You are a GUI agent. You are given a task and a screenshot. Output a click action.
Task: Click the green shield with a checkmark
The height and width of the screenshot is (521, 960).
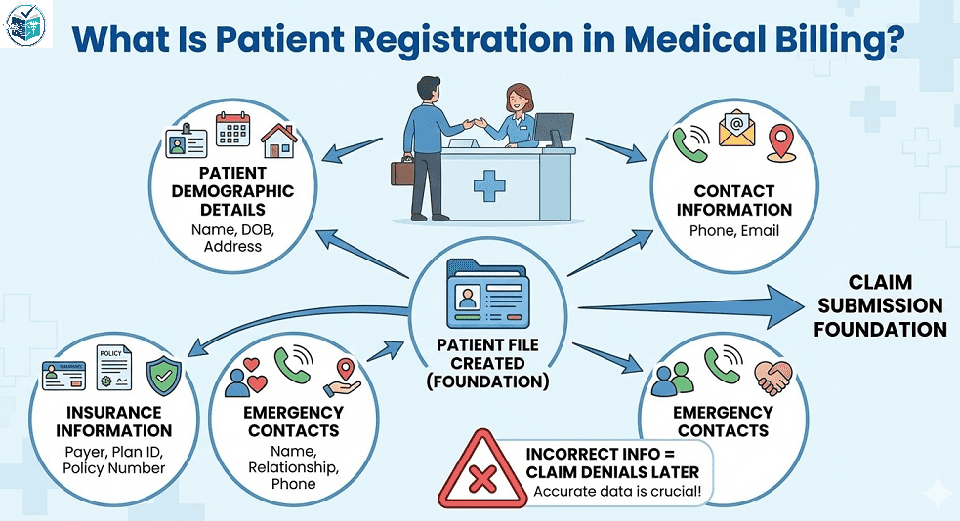click(162, 375)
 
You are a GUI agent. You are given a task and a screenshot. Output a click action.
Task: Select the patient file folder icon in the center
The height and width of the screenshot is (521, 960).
click(486, 297)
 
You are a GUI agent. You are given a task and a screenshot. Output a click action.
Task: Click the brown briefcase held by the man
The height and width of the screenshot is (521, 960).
click(402, 173)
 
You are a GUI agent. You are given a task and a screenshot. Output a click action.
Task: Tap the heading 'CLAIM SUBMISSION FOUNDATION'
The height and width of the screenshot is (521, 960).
click(880, 305)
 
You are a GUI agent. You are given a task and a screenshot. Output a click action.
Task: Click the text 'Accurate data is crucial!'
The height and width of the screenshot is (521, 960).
click(616, 492)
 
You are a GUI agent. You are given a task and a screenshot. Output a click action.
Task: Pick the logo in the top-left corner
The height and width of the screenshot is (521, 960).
click(26, 26)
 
